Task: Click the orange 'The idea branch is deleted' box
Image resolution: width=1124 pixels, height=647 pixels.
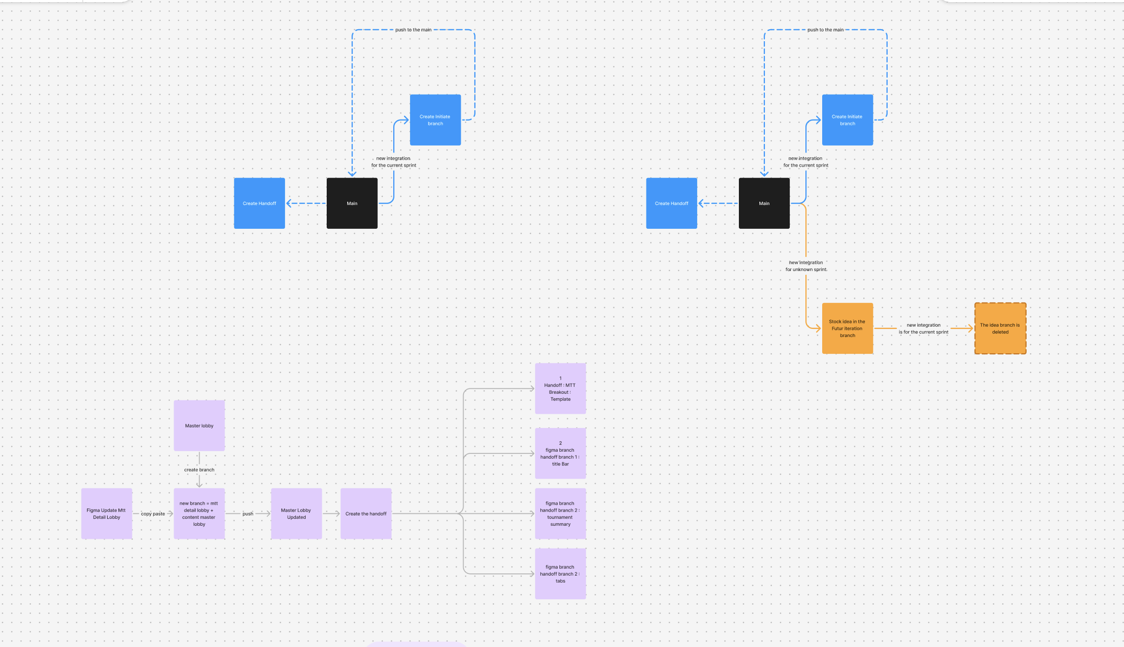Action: (x=1000, y=328)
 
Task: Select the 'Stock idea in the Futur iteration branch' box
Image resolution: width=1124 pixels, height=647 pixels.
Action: (x=847, y=328)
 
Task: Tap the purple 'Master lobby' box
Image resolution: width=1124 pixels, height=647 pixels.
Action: (x=199, y=426)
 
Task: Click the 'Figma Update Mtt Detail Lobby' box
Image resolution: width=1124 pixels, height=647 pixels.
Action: (x=107, y=513)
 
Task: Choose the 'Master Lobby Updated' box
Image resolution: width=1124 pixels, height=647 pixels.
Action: (x=296, y=513)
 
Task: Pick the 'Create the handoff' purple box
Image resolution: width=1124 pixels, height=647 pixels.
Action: (x=366, y=513)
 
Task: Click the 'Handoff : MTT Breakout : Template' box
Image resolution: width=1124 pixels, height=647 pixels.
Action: (x=560, y=388)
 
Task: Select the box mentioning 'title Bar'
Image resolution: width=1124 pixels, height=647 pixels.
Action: (x=560, y=453)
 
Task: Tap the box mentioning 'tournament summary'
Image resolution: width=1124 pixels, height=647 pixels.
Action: (x=560, y=513)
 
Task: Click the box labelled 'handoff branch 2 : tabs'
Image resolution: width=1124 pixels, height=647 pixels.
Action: (x=560, y=573)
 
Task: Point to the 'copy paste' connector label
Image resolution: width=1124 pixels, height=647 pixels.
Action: (x=153, y=514)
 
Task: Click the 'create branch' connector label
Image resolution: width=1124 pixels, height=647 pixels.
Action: (x=199, y=470)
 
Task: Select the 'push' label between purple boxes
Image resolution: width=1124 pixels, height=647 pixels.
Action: (x=248, y=514)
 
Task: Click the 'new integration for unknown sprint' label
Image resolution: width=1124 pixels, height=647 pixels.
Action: (x=806, y=266)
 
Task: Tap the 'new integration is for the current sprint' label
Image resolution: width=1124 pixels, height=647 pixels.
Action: (x=923, y=328)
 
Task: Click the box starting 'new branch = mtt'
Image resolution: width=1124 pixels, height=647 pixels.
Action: (x=199, y=513)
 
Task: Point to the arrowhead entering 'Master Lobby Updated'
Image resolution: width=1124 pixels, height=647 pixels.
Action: (x=267, y=513)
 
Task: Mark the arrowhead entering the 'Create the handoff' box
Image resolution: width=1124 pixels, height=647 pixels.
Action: (x=337, y=513)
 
